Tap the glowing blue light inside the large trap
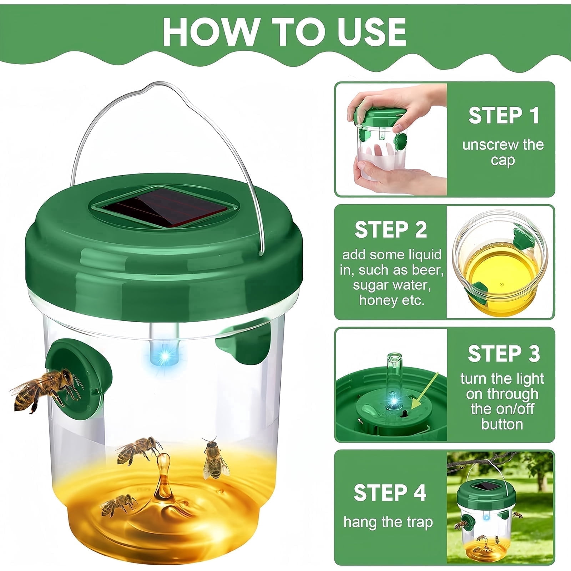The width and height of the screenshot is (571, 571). coord(165,357)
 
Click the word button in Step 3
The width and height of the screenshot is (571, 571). coord(502,424)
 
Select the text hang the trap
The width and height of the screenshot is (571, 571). coord(388,522)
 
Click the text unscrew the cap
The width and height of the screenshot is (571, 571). coord(503,152)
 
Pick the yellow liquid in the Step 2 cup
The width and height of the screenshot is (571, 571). coord(499,273)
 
